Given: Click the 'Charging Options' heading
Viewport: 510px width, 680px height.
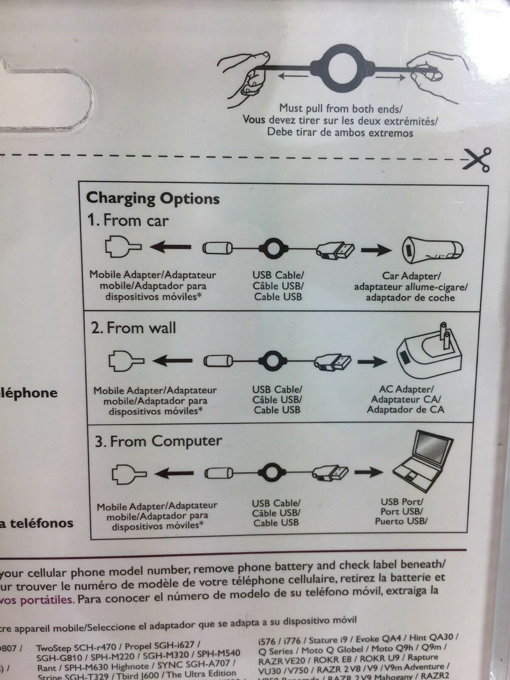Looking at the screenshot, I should coord(152,199).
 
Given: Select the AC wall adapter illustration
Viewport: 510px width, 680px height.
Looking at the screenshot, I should coord(429,352).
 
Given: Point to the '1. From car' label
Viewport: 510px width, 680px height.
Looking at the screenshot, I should coord(127,220).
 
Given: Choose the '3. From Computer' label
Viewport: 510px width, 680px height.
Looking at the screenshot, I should coord(158,441).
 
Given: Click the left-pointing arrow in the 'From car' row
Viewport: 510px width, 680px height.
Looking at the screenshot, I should coord(171,247).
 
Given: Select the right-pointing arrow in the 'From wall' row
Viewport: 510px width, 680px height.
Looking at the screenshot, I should coord(372,361).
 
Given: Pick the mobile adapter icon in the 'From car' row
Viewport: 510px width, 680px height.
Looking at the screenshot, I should coord(122,247).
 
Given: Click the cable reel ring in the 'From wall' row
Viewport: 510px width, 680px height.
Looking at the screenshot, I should coord(274,360).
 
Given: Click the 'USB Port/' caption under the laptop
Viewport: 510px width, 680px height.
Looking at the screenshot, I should coord(402,501).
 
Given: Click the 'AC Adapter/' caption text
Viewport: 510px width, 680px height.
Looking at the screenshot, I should coord(406,389).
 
